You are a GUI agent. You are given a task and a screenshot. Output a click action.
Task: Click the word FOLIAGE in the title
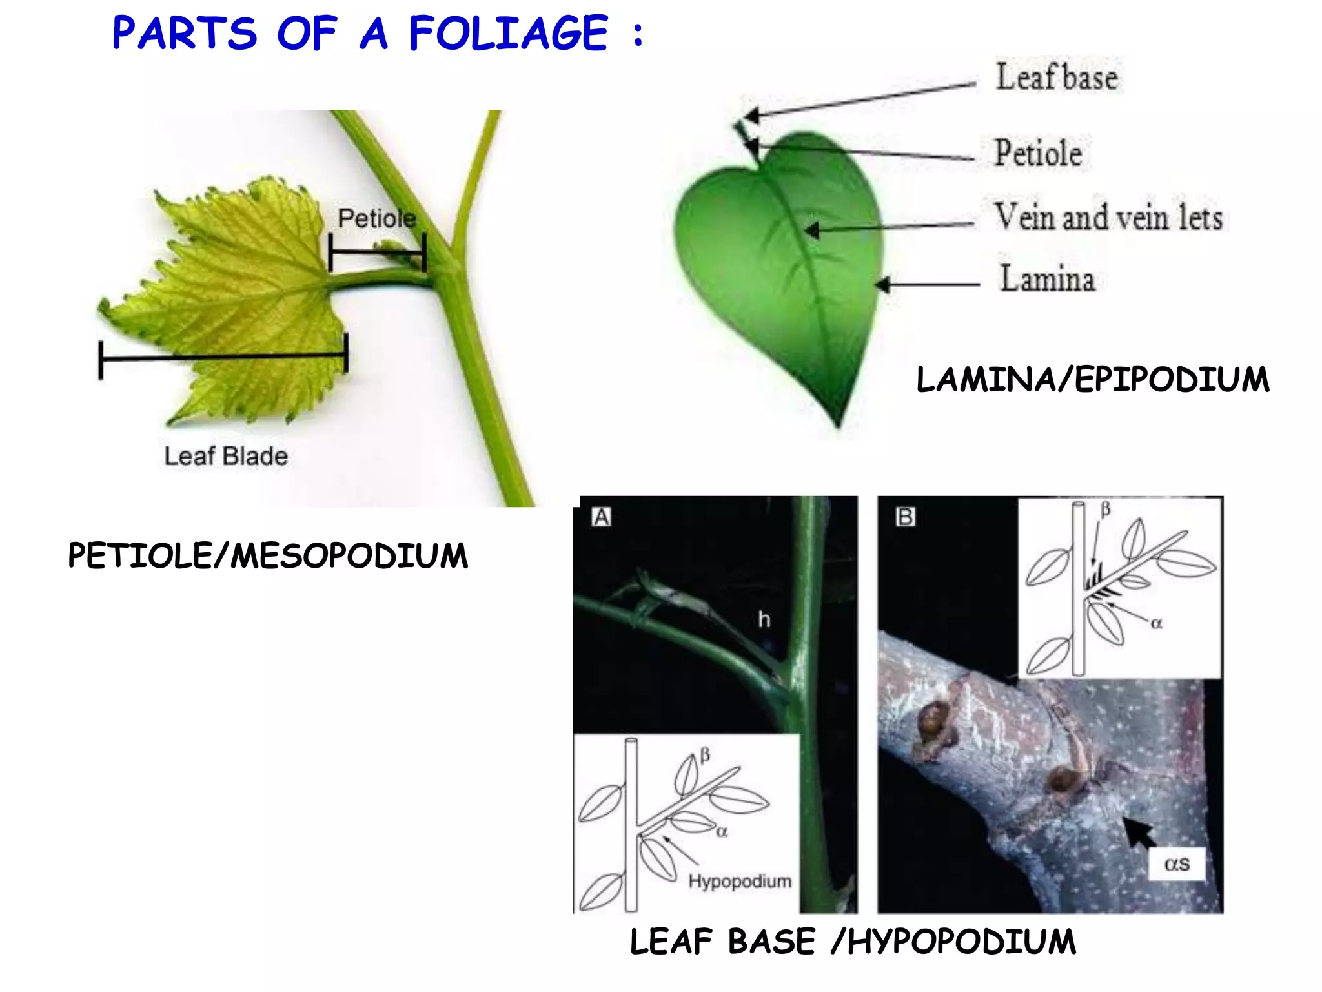tap(509, 34)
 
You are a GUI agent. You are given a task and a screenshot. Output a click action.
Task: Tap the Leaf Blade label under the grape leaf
tap(226, 456)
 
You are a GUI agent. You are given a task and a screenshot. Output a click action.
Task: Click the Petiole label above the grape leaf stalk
tap(376, 218)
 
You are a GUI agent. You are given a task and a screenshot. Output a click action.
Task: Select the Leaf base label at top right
tap(1057, 77)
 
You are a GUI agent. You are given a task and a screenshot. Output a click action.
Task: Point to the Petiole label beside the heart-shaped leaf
tap(1038, 153)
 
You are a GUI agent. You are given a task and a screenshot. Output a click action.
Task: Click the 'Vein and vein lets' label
tap(1108, 217)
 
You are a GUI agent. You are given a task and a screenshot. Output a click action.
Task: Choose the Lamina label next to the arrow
tap(1047, 279)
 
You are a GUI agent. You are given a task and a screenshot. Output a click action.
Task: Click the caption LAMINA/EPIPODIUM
tap(1093, 379)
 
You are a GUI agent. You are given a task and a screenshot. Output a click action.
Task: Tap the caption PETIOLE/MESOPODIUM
tap(268, 556)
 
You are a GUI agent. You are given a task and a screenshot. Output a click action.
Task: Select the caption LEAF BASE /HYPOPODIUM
tap(853, 942)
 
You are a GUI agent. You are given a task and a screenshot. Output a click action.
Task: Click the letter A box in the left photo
tap(601, 517)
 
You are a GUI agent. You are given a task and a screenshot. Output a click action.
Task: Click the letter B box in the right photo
tap(905, 517)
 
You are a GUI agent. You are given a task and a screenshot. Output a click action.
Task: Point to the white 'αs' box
tap(1177, 864)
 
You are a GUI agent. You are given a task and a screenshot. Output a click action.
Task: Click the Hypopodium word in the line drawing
tap(740, 881)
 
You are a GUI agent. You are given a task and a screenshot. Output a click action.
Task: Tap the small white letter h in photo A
tap(764, 620)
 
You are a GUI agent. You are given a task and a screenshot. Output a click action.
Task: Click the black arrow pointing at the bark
tap(1139, 833)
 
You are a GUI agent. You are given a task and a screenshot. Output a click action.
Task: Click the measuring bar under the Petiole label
tap(377, 253)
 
